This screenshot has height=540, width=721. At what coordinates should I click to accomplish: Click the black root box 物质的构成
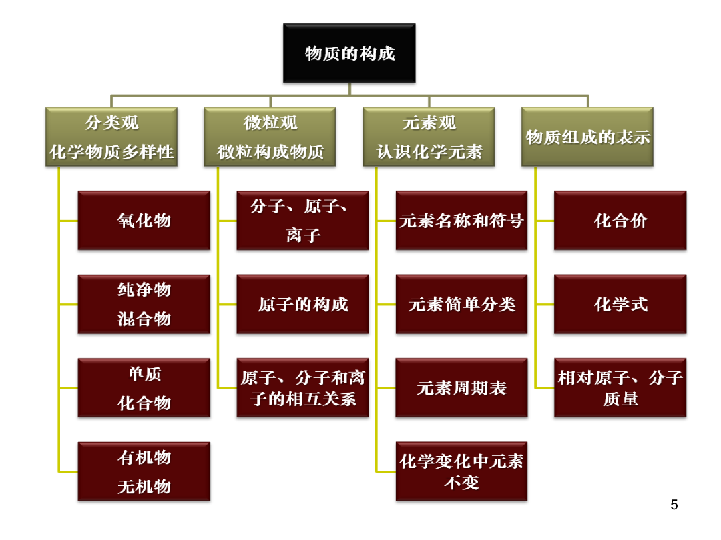pos(349,53)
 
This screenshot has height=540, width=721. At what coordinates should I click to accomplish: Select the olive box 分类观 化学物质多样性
pos(111,137)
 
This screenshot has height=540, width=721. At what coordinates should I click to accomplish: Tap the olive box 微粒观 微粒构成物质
pos(270,137)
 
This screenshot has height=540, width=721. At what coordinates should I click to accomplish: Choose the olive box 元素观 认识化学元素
pos(429,137)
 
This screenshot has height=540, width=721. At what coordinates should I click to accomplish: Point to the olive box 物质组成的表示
pos(587,137)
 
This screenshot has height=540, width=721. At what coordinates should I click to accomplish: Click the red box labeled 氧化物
pos(144,221)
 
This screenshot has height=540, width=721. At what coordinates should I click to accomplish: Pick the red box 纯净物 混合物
pos(144,304)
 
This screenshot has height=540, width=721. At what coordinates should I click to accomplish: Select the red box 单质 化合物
pos(144,387)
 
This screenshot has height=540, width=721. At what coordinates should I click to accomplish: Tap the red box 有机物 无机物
pos(144,471)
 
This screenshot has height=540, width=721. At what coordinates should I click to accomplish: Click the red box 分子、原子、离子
pos(302,221)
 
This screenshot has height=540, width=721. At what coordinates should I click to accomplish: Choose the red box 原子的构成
pos(302,304)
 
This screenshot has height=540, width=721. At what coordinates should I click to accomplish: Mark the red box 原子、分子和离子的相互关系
pos(302,387)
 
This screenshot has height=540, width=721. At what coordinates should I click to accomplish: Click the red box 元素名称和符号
pos(462,221)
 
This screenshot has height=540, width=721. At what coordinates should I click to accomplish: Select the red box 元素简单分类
pos(462,304)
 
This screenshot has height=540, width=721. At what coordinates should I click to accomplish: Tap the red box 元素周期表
pos(462,387)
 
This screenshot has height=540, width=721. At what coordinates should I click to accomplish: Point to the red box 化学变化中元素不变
pos(462,471)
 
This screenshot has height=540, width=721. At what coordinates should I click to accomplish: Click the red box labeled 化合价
pos(620,221)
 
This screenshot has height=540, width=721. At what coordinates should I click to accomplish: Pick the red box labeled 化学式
pos(620,304)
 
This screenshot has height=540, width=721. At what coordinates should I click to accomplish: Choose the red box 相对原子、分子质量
pos(620,387)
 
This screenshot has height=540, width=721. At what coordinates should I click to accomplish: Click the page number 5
pos(674,505)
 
